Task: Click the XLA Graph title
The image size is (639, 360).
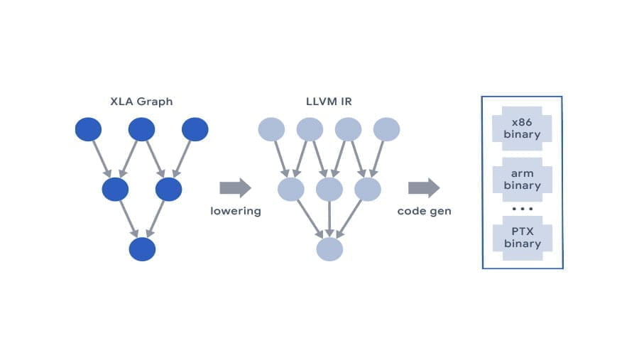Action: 141,102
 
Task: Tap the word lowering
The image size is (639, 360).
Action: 236,211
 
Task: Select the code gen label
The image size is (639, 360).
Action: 424,211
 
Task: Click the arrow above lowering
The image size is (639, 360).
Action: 235,187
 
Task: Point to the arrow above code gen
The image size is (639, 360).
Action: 423,187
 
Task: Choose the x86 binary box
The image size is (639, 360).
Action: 522,128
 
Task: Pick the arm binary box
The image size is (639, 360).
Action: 522,179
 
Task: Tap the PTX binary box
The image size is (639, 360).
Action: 522,237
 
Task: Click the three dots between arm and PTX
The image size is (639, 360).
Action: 522,209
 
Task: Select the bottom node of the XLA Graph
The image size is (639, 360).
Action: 142,249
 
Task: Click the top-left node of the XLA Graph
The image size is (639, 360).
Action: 88,129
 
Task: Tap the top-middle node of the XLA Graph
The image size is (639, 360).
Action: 141,129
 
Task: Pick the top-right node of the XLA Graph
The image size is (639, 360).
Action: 195,129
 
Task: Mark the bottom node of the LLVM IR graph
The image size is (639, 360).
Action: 329,249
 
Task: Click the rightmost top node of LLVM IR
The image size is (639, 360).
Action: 386,129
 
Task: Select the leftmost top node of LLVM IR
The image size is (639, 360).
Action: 271,129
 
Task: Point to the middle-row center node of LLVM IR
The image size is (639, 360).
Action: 329,190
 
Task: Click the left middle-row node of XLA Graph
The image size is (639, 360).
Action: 115,190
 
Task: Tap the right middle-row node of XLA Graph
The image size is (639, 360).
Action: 168,190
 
